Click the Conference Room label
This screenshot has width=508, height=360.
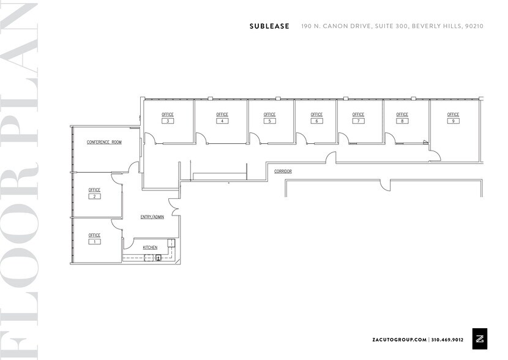(104, 142)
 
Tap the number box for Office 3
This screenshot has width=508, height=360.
(168, 121)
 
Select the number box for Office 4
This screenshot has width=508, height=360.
(222, 121)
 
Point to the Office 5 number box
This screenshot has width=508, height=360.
(270, 121)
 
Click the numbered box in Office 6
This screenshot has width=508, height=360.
(316, 121)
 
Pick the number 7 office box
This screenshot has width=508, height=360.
(358, 121)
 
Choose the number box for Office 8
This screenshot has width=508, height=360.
(402, 121)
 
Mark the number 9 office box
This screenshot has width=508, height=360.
(453, 121)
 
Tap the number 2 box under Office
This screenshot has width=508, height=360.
(94, 197)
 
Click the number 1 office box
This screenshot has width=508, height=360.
(94, 242)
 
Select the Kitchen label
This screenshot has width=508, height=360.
(150, 247)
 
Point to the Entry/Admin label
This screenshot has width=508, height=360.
(152, 217)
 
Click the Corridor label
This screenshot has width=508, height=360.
(283, 171)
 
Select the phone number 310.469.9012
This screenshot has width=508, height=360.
(447, 339)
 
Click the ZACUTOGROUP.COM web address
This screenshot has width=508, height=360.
(399, 339)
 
